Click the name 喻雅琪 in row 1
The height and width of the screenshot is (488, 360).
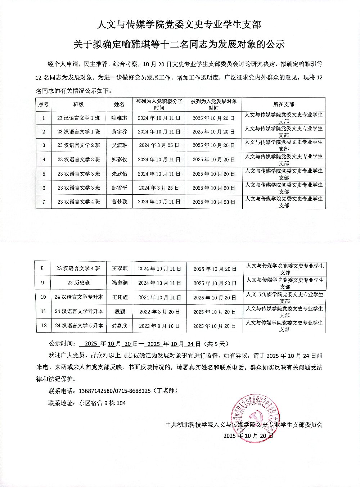pos(119,118)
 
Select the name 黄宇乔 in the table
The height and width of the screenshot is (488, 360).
pos(119,132)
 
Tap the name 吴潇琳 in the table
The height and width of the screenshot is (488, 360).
pos(119,145)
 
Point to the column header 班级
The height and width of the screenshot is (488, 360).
pos(78,104)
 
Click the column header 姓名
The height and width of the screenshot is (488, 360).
pos(119,104)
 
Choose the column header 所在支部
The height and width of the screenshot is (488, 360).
pos(284,104)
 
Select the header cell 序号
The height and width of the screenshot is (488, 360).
pos(43,104)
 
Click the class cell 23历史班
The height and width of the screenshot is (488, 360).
pos(78,283)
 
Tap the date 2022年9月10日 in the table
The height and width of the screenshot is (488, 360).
pos(159,326)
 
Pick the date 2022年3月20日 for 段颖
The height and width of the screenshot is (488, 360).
pos(159,312)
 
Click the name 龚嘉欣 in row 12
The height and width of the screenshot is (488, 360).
pos(120,326)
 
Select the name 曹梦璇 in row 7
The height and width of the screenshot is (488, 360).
pos(119,202)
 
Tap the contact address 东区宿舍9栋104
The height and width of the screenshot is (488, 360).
pos(102,403)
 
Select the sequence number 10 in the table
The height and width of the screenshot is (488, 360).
pos(43,297)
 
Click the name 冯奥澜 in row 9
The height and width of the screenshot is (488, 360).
pos(120,283)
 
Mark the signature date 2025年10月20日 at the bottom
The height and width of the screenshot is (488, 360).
pos(248,436)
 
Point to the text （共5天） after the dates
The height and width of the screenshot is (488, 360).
pos(216,344)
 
